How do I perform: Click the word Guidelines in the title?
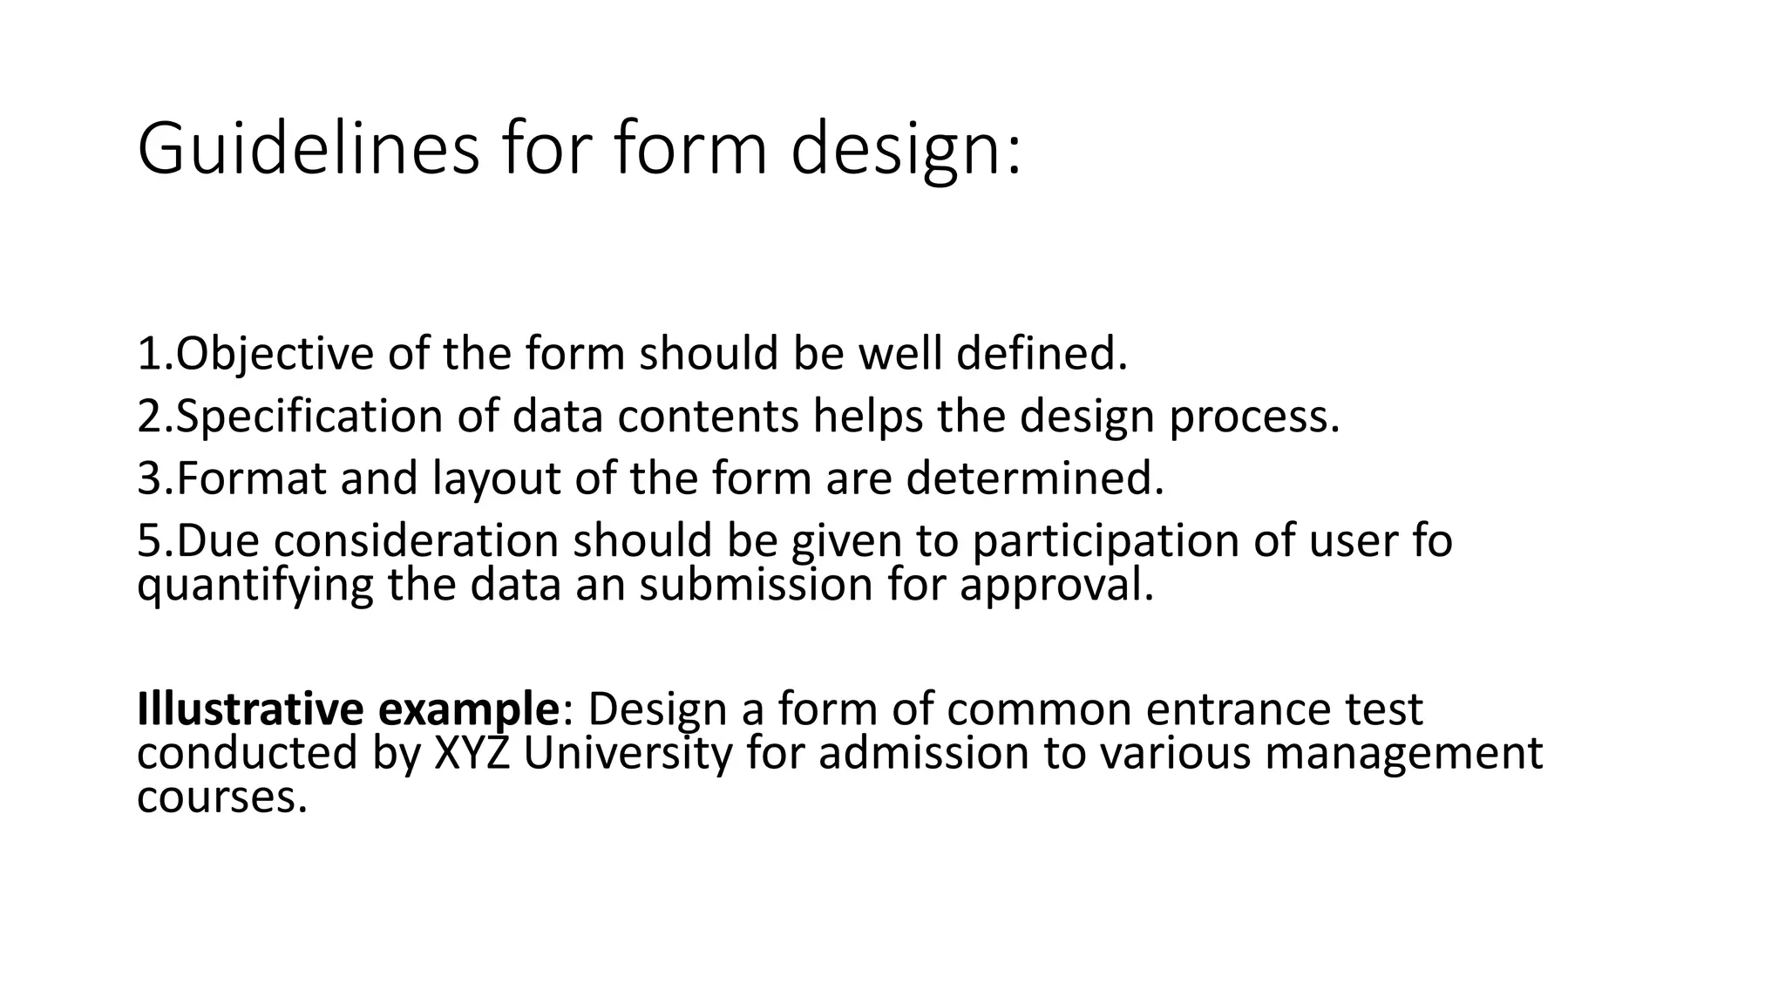coord(308,150)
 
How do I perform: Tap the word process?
coord(1253,417)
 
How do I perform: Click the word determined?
coord(1035,478)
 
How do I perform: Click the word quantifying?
coord(255,584)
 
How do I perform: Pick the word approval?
coord(1056,584)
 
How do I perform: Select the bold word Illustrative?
coord(249,709)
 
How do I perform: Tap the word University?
coord(628,753)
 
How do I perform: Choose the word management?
coord(1403,753)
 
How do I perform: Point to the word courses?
coord(222,797)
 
